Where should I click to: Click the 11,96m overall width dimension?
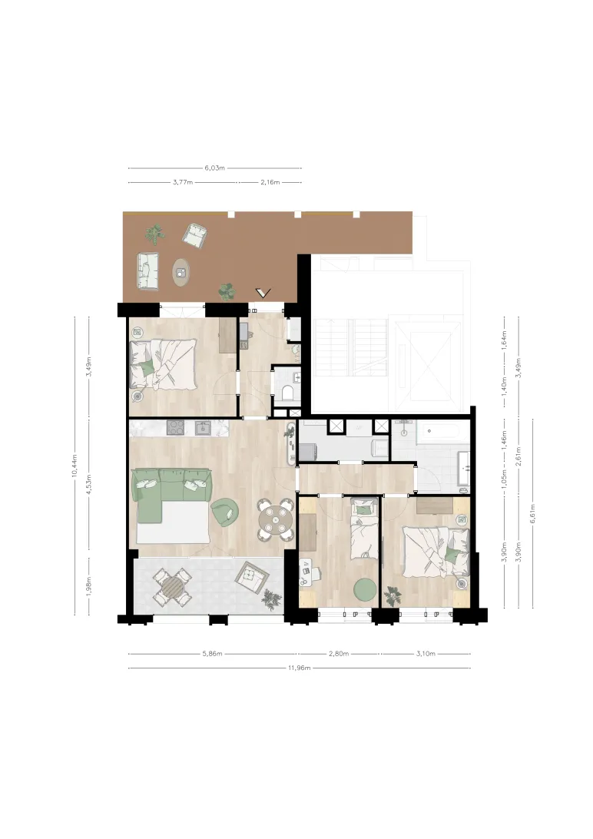[300, 668]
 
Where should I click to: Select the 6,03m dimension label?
[215, 168]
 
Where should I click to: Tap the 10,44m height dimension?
[75, 465]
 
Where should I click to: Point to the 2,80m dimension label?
[339, 653]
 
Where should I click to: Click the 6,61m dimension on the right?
[532, 514]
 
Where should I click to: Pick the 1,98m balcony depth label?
[89, 586]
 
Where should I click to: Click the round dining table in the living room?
[273, 519]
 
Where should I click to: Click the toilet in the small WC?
[288, 394]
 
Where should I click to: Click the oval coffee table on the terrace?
[182, 273]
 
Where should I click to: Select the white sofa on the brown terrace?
[147, 270]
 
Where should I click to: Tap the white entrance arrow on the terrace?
[263, 293]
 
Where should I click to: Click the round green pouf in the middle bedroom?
[365, 589]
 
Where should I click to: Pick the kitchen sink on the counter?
[204, 427]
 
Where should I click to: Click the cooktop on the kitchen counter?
[175, 427]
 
